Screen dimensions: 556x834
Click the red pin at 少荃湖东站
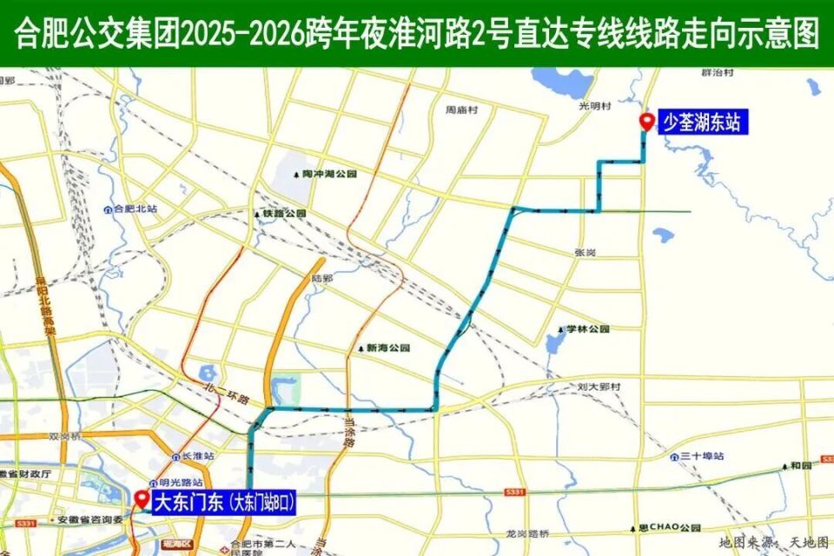pos(645,122)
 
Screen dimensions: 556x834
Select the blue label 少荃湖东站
pos(701,122)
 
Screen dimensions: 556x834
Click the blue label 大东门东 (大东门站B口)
pos(224,502)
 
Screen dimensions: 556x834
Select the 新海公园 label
pos(387,347)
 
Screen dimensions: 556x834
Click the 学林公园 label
pos(588,329)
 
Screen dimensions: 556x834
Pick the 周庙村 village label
pos(462,110)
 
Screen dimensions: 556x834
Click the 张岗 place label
pos(585,252)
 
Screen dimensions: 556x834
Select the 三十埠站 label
pos(702,456)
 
